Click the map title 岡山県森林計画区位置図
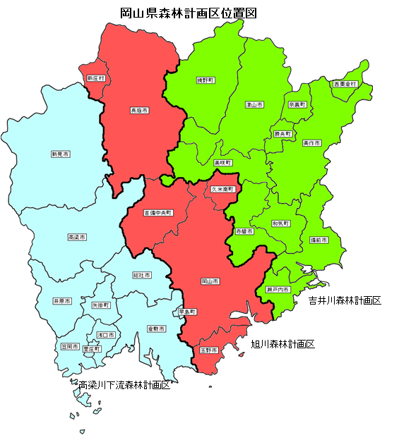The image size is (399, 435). [x=186, y=12]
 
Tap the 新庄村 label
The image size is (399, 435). [x=95, y=78]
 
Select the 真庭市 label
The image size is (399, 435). [x=138, y=111]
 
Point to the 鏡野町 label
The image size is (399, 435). [x=206, y=80]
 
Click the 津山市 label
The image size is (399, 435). [x=254, y=104]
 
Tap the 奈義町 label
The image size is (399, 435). [x=297, y=104]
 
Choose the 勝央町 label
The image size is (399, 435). [x=282, y=133]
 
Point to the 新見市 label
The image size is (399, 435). [x=60, y=153]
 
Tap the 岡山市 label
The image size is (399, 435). [x=209, y=281]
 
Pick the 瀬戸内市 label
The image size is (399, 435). [x=278, y=289]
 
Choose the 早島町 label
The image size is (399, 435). [x=187, y=311]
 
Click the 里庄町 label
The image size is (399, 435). [x=92, y=348]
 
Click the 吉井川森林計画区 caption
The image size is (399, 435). [x=345, y=300]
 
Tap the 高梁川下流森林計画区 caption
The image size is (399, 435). [x=124, y=386]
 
